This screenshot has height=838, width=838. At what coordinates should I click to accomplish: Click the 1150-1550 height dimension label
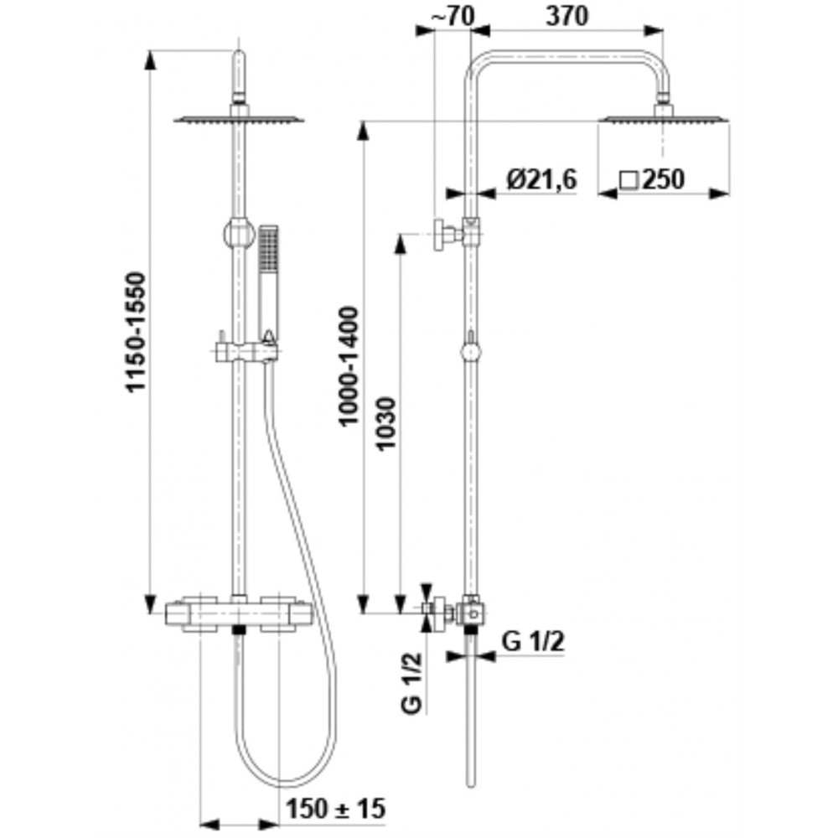point(136,332)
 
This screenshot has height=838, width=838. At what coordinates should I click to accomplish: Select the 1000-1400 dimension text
point(349,366)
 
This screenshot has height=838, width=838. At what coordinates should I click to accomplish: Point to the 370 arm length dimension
point(567,16)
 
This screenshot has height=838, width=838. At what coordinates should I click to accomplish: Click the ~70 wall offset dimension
point(453,16)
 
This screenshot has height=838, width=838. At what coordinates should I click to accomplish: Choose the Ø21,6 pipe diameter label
point(542,179)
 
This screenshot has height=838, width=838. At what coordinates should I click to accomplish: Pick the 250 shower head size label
point(663,179)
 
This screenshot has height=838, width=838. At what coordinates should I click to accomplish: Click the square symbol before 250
point(629,180)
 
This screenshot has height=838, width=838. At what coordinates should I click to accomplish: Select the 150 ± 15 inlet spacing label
point(336,809)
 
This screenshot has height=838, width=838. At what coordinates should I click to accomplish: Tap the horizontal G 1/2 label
point(533,642)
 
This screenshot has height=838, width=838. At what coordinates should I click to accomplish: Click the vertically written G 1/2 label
point(412,683)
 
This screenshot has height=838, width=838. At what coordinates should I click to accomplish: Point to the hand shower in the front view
point(268,284)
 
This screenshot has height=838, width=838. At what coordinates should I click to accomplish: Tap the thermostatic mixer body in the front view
point(239,613)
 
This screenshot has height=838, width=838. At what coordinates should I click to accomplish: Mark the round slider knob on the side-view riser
point(470,353)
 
